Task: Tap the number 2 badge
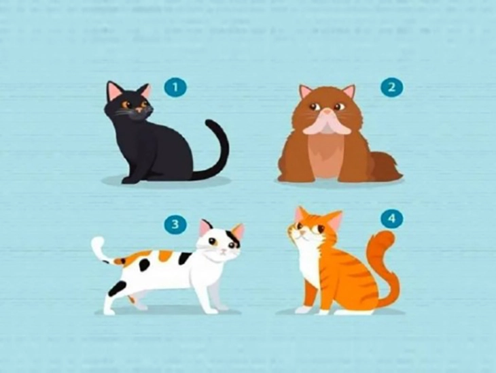point(392,87)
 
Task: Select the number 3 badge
point(175,224)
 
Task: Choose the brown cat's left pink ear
point(306,91)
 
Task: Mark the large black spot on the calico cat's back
point(184,259)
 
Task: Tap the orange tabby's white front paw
point(303,310)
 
